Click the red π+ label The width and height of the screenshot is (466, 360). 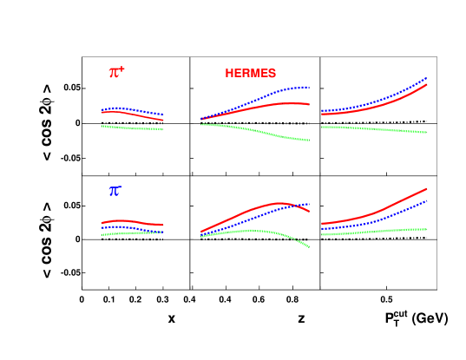pos(116,72)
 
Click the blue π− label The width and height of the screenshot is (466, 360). pos(115,191)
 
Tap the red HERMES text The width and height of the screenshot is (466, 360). pos(250,74)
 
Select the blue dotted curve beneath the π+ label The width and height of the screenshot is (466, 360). pos(130,110)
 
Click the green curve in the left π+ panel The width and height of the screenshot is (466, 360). pos(130,128)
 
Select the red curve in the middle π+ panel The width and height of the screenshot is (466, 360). pos(260,107)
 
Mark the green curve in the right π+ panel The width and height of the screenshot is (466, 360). pos(373,128)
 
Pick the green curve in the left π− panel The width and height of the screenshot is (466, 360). pos(130,232)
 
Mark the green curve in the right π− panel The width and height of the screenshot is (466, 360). pos(373,232)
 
